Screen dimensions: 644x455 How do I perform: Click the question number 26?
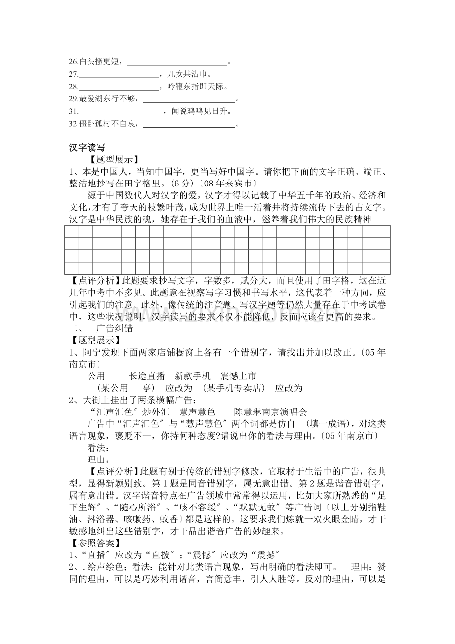pyautogui.click(x=74, y=62)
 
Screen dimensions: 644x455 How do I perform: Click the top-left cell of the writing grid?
pyautogui.click(x=72, y=231)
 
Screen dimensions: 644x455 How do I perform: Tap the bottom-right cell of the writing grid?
pyautogui.click(x=383, y=268)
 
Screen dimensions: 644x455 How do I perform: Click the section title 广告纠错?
pyautogui.click(x=114, y=328)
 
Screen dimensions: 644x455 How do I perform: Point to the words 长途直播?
pyautogui.click(x=146, y=376)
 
